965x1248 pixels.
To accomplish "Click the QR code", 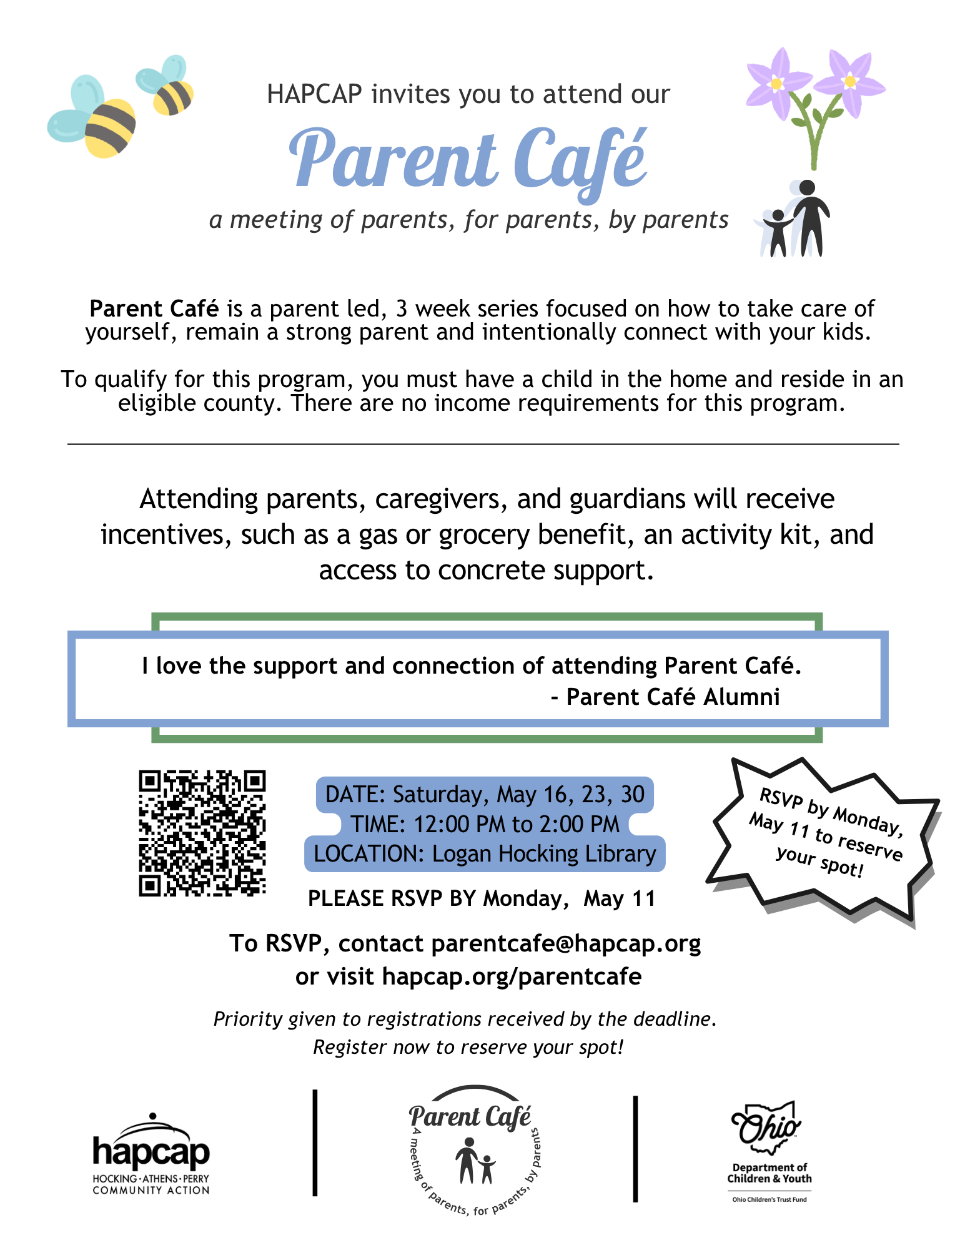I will click(202, 833).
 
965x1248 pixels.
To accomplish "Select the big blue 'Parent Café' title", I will click(468, 160).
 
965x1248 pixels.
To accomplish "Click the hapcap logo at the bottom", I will click(151, 1154).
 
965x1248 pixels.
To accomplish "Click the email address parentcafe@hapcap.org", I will click(566, 943).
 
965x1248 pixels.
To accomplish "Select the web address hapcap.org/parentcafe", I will click(512, 976).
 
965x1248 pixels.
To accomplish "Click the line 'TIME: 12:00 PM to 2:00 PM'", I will click(485, 825).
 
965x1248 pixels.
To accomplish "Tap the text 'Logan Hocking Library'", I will click(544, 854).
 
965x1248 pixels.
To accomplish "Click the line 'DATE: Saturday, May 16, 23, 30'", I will click(485, 795).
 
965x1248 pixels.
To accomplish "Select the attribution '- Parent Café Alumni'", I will click(666, 697).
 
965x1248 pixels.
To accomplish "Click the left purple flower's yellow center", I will click(776, 83).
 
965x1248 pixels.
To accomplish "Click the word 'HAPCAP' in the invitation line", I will click(314, 94).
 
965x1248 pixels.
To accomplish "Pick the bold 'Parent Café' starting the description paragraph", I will click(154, 309).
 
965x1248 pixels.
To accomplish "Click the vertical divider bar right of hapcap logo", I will click(315, 1143).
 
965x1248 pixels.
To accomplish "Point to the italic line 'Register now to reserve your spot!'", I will click(468, 1047).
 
